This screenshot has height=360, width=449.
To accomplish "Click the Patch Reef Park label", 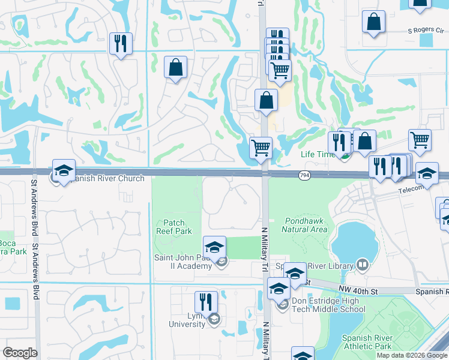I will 174,227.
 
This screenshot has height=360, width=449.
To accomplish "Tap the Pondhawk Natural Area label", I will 305,225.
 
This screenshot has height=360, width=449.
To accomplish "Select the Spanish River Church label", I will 106,178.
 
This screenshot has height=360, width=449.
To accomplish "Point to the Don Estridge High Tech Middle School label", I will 328,305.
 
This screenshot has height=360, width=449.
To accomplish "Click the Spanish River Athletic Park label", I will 366,342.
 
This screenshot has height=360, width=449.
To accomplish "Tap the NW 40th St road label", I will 358,290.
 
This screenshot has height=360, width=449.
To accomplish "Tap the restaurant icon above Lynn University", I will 206,302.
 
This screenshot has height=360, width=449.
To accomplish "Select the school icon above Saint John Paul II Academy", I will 214,247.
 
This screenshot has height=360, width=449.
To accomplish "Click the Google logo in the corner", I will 20,353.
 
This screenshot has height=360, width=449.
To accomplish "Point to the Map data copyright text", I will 411,355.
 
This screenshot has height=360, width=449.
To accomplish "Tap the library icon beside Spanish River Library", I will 362,265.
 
